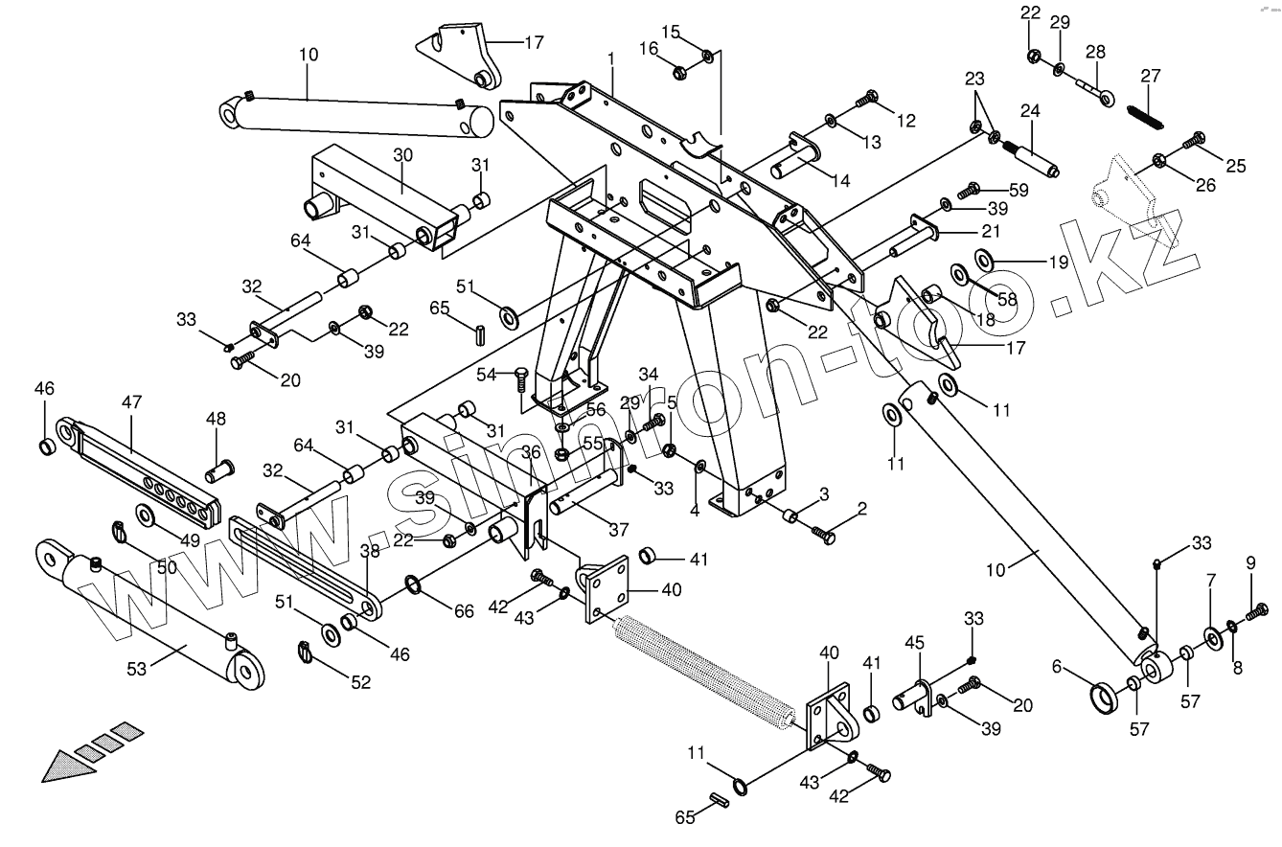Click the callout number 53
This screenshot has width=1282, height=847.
tap(137, 669)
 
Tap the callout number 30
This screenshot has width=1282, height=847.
tap(401, 155)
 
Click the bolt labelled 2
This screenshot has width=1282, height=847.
tap(823, 532)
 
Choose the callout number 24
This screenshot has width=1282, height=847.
tap(1029, 110)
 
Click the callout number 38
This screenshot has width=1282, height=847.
tap(370, 550)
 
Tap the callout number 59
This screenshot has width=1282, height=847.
tap(1018, 190)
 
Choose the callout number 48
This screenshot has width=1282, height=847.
tap(217, 418)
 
